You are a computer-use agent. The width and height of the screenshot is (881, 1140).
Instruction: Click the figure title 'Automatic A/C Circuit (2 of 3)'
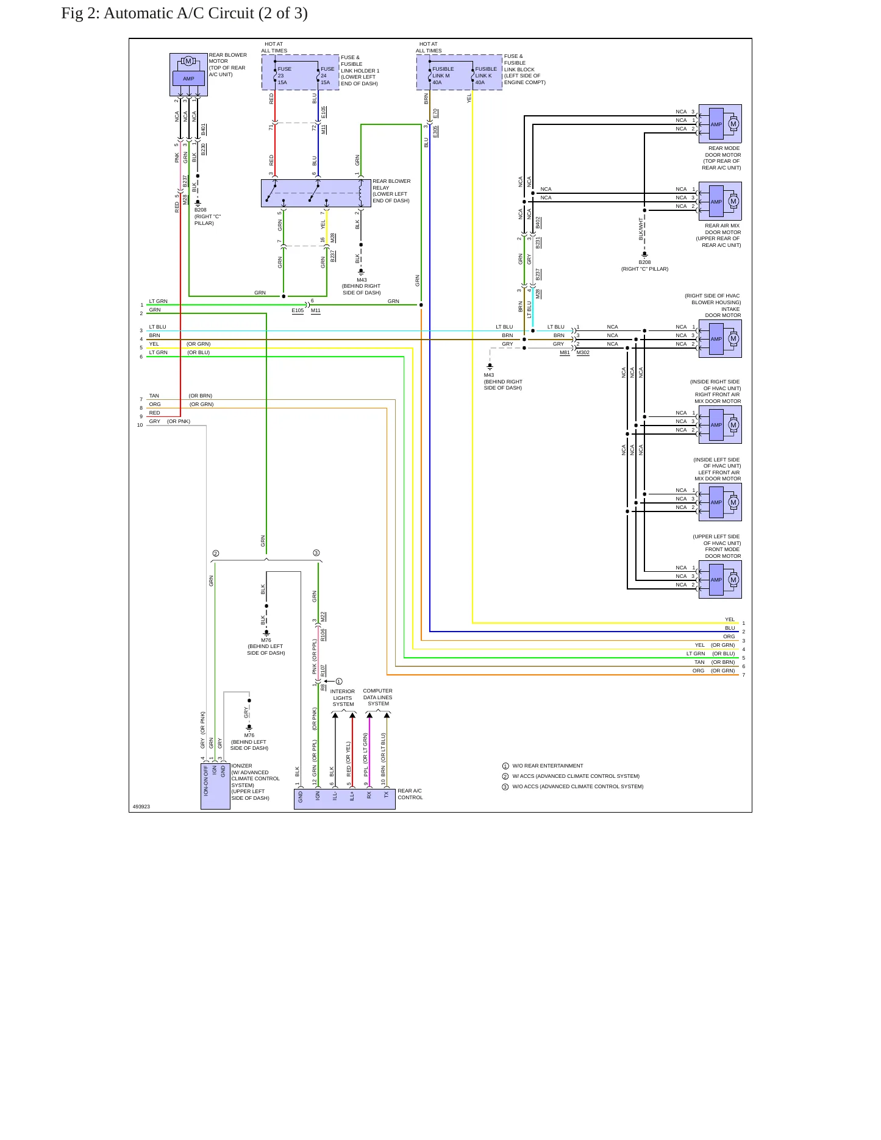pos(205,13)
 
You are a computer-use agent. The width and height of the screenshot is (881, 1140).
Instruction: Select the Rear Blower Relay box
pos(316,193)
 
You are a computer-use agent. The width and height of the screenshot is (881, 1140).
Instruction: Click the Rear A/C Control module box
pos(344,799)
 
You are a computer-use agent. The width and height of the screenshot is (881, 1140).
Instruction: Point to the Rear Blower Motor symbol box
pos(188,74)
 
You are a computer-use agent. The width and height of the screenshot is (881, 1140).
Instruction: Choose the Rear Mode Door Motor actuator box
pos(720,124)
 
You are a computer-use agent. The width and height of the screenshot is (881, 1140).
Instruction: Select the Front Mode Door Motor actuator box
pos(720,579)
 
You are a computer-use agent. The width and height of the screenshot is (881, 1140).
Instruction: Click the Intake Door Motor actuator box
pos(720,338)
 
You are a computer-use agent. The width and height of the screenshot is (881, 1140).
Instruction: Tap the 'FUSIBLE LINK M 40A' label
pos(443,76)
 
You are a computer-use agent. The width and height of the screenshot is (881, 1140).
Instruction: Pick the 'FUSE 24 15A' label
pos(327,76)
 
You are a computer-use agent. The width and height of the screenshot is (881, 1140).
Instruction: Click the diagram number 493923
pos(141,807)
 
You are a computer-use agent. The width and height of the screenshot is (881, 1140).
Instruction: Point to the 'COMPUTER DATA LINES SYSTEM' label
pos(378,697)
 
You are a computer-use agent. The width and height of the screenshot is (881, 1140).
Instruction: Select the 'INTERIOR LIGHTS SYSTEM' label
pos(343,698)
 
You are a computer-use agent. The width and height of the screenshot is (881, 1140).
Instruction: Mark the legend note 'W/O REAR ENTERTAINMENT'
pos(548,766)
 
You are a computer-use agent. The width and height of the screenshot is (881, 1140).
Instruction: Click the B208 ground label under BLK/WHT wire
pos(644,262)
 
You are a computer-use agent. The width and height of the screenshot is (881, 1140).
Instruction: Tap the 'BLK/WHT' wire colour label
pos(641,229)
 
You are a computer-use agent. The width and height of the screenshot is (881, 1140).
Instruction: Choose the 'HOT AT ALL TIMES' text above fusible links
pos(428,48)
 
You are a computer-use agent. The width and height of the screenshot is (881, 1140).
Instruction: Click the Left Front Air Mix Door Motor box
pos(720,502)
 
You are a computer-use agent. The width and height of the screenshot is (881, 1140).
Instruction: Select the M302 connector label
pos(583,352)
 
